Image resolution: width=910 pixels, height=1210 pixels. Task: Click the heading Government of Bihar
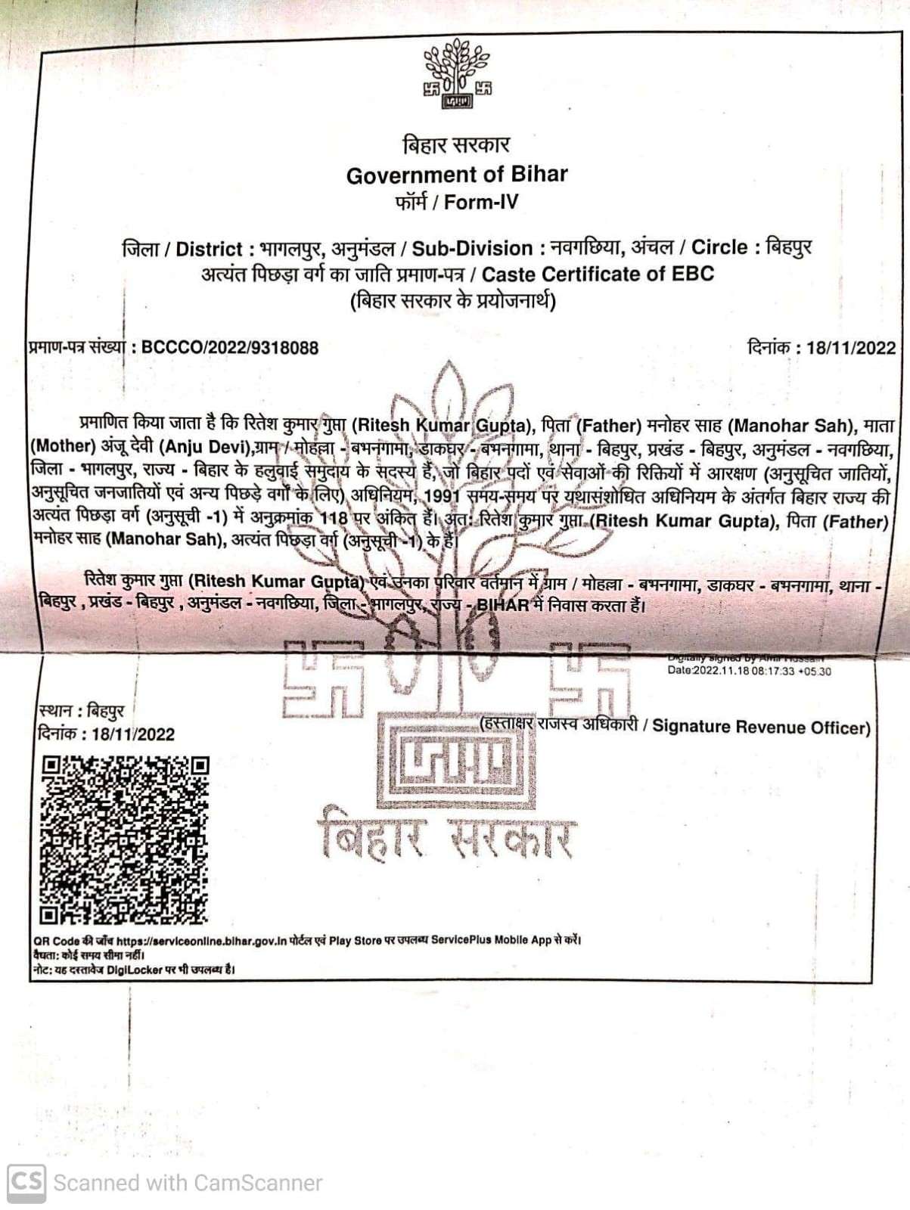pos(457,175)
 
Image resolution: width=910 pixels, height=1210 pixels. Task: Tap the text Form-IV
pos(481,203)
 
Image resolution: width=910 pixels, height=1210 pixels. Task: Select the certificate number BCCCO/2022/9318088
pos(230,348)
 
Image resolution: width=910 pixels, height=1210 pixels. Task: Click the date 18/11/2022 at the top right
pos(850,348)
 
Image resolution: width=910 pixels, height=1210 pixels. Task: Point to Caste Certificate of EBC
pos(598,274)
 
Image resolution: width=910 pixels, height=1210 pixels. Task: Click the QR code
pos(124,839)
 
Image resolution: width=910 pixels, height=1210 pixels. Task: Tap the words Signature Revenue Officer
pos(761,727)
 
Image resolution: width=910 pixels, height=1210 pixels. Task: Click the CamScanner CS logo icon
pos(26,1181)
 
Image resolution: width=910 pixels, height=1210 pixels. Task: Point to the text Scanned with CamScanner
pos(188,1183)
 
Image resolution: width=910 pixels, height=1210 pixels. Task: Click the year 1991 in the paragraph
pos(443,497)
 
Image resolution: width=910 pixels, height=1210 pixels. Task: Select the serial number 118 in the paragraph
pos(333,519)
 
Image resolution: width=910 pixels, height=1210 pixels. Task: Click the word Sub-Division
pos(472,248)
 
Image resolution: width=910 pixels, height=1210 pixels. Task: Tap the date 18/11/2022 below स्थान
pos(132,734)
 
